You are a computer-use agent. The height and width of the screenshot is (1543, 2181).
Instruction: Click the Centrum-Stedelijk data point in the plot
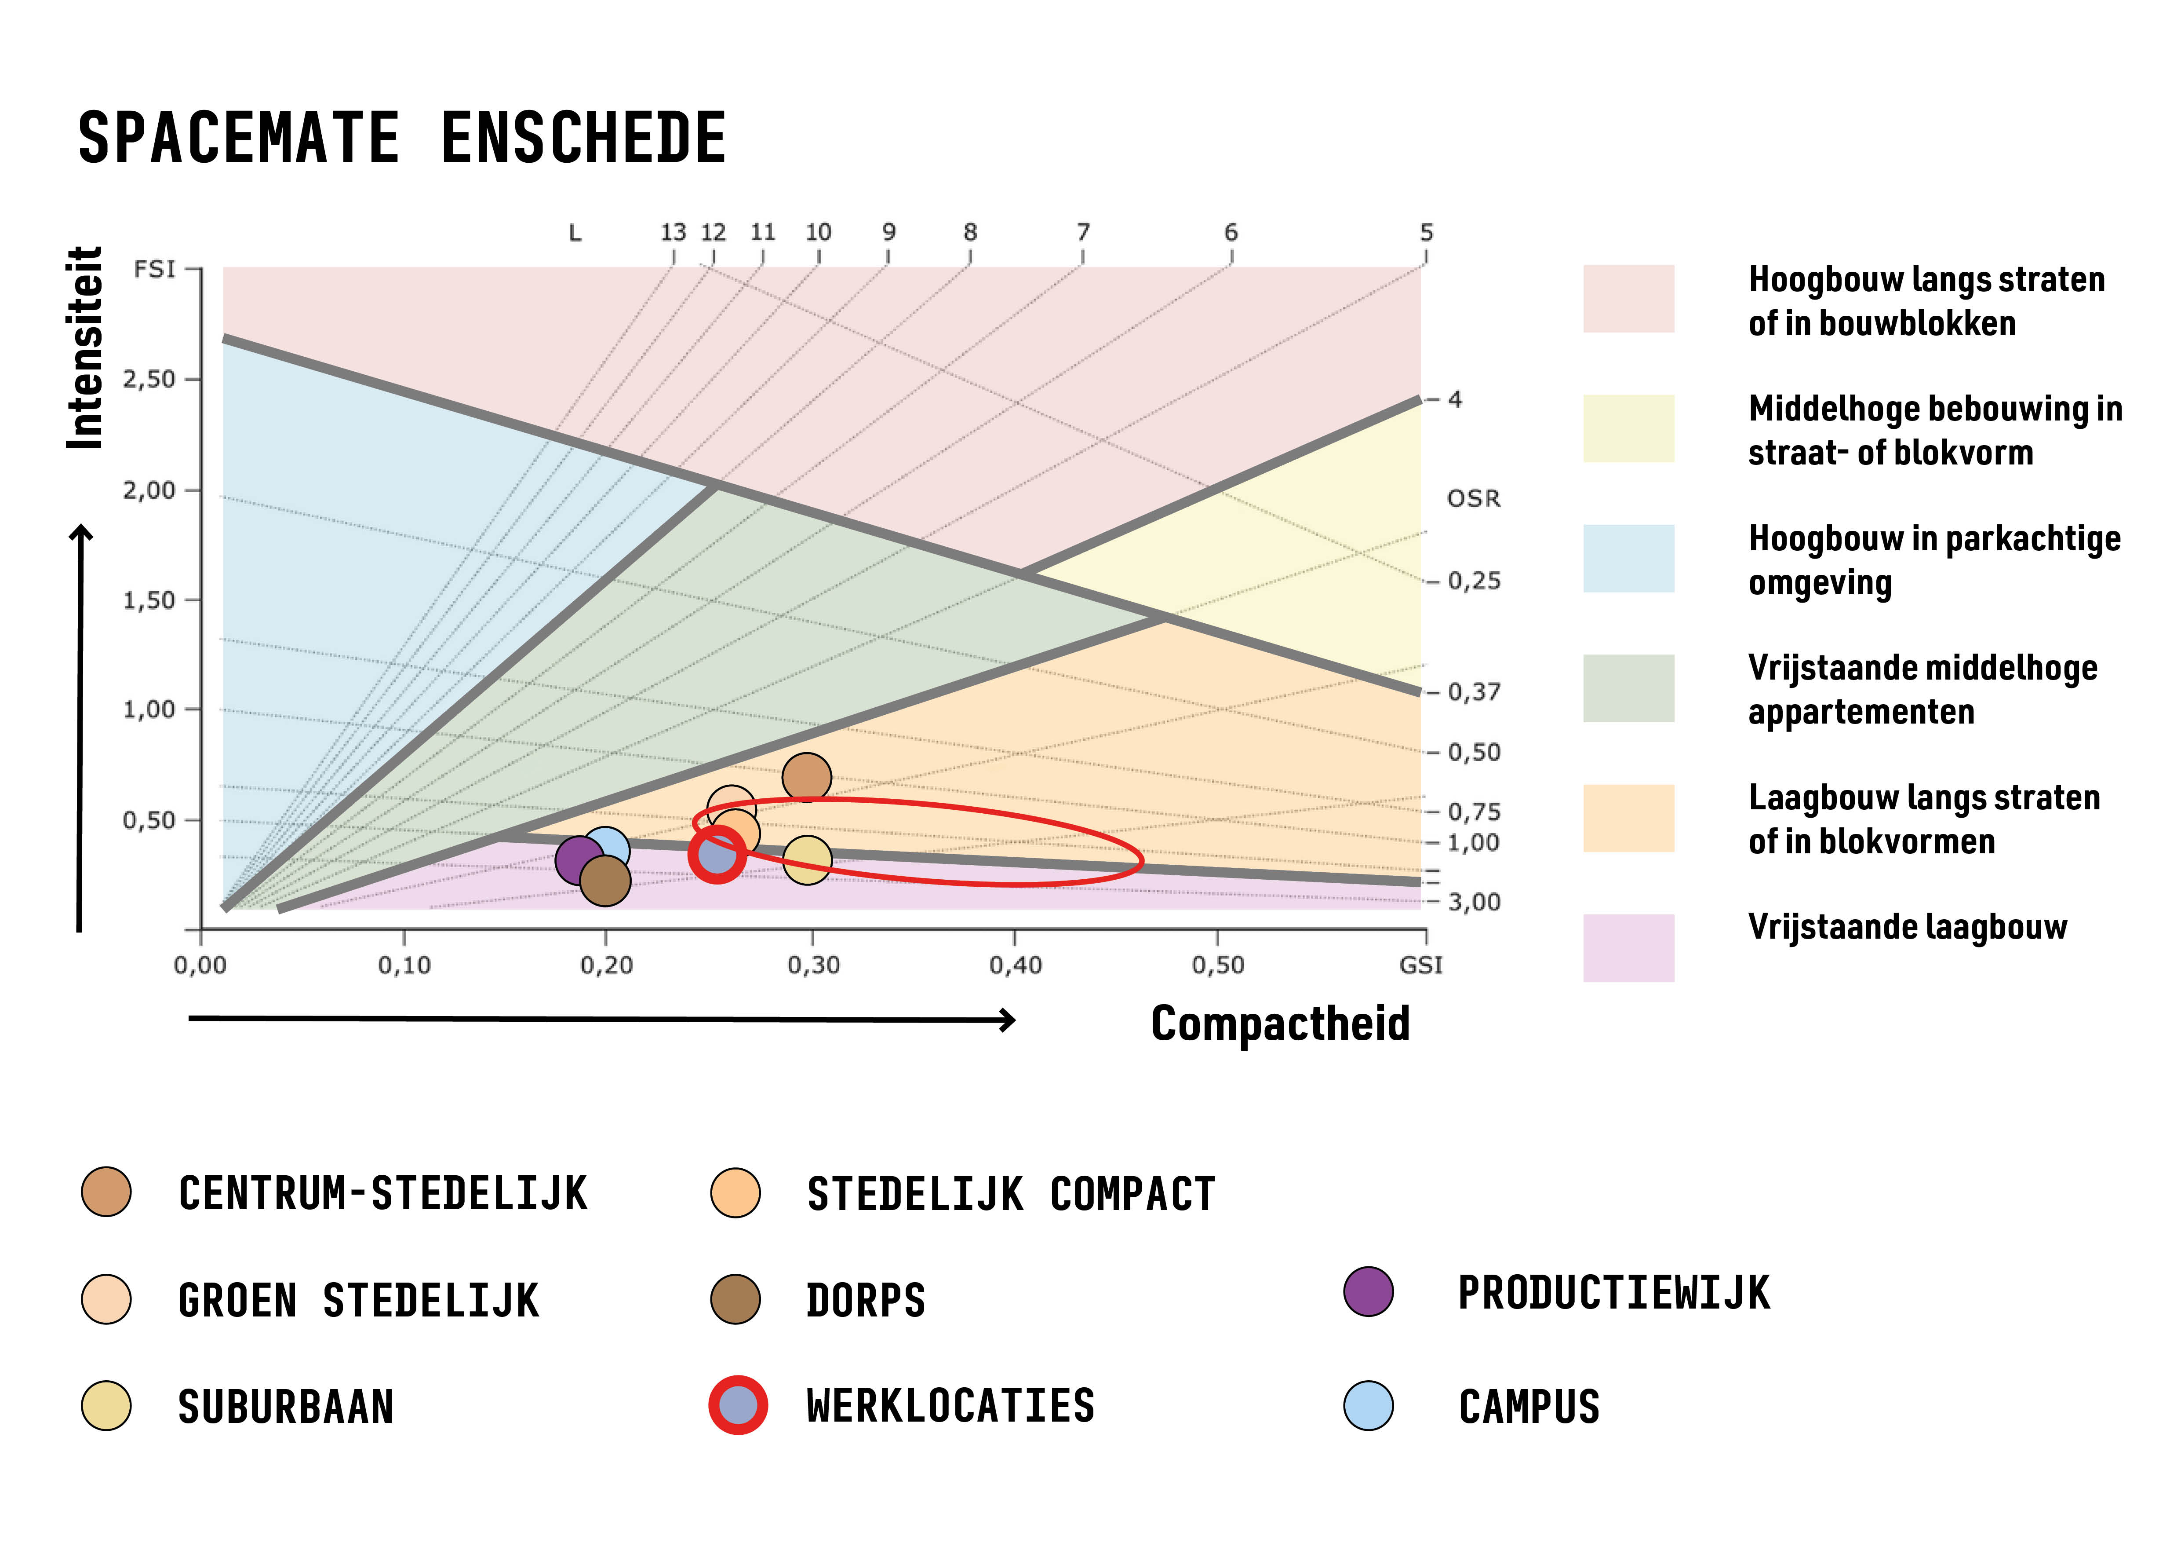pos(806,777)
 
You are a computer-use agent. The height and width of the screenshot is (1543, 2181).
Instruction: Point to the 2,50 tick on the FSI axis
pos(150,379)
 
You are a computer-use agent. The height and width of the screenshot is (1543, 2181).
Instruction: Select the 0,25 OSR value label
pos(1473,581)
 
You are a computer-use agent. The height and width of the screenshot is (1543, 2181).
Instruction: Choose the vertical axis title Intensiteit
pos(85,348)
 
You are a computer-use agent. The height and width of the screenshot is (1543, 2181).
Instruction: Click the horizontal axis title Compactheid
pos(1279,1023)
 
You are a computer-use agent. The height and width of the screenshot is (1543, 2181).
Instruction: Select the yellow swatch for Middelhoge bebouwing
pos(1628,428)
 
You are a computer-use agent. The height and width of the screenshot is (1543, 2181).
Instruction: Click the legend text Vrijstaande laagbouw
pos(1908,926)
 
